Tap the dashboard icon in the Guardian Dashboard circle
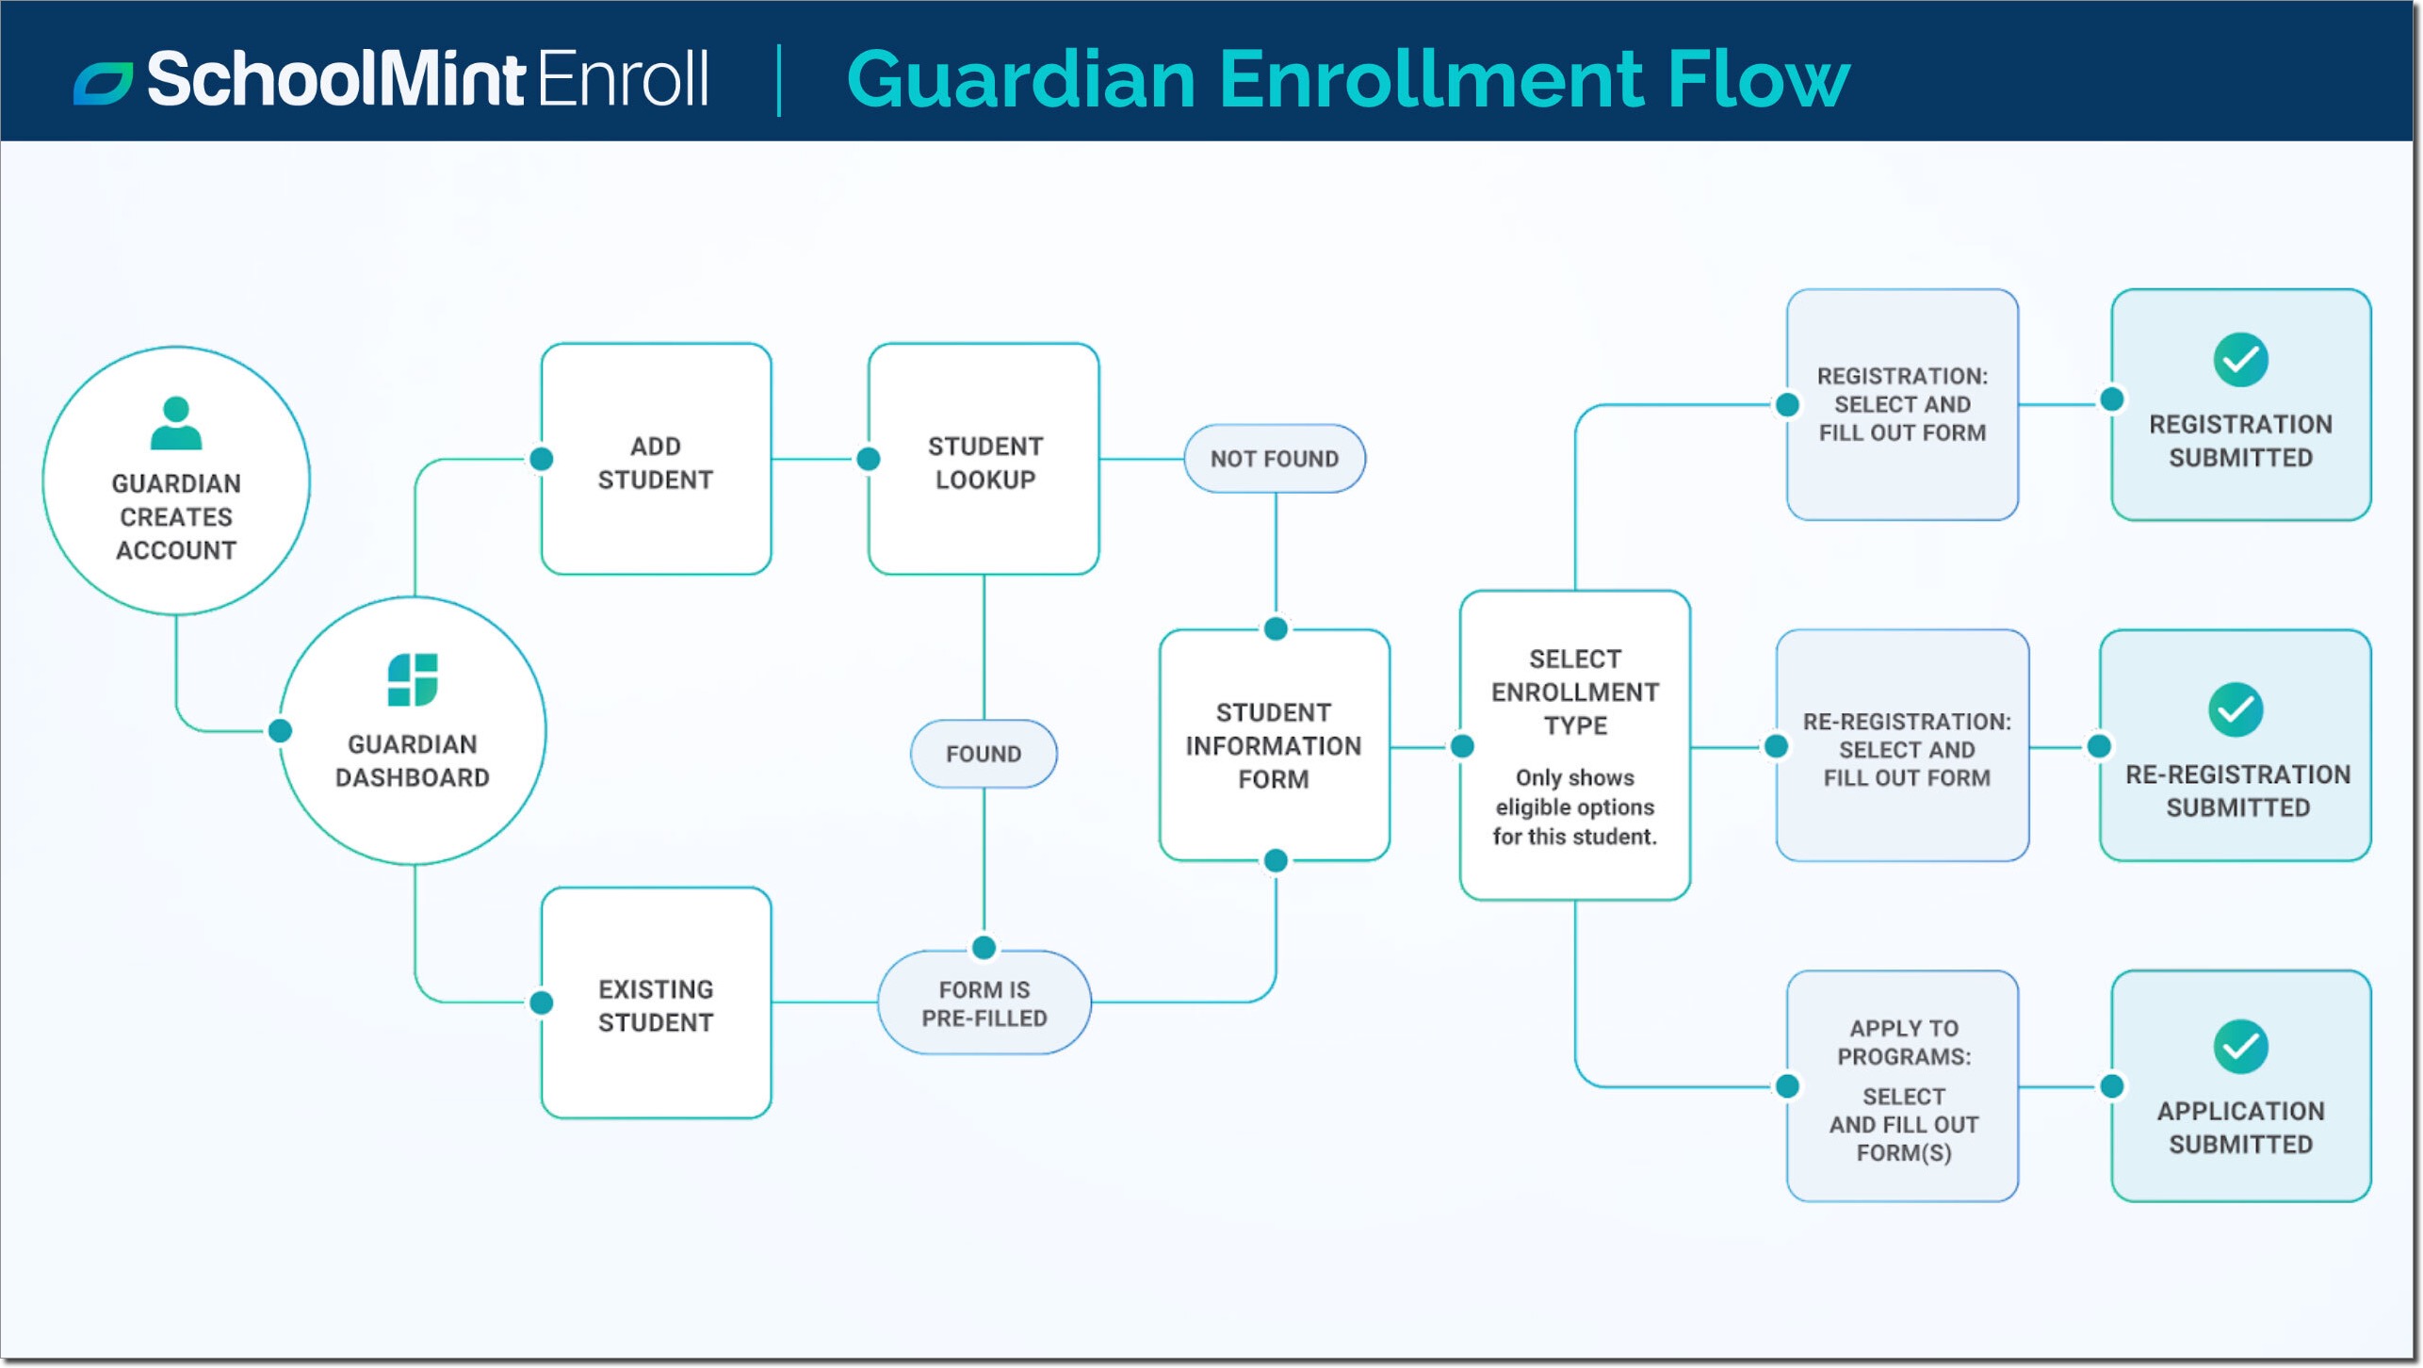[x=413, y=679]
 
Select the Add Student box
[x=656, y=460]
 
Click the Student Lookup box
[x=984, y=460]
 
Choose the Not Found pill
[x=1274, y=459]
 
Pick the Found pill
[x=984, y=754]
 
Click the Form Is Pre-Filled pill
[x=984, y=1003]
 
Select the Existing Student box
[x=656, y=1004]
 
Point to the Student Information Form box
[x=1274, y=745]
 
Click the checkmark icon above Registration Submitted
[x=2240, y=360]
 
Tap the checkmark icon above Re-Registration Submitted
[x=2236, y=709]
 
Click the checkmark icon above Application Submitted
[x=2240, y=1047]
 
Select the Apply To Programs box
[x=1902, y=1088]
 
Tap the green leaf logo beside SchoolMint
[x=103, y=83]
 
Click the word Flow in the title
[x=1757, y=79]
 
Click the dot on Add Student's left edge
[x=542, y=459]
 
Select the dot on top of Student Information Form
[x=1276, y=628]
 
